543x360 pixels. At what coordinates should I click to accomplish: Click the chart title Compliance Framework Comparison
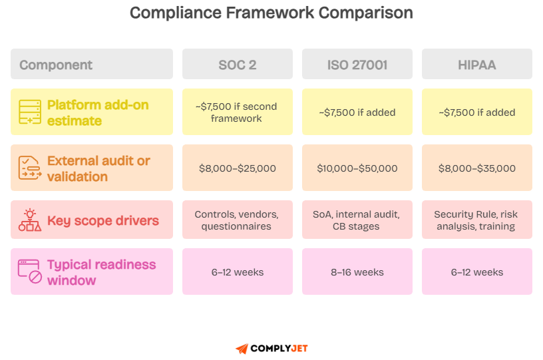[271, 13]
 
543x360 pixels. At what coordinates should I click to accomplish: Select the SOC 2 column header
[237, 65]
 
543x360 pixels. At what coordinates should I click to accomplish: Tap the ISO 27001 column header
[357, 65]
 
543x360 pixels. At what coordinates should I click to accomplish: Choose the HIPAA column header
[476, 65]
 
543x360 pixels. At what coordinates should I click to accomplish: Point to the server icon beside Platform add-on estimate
[30, 112]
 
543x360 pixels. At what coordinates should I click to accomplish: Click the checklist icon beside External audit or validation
[30, 168]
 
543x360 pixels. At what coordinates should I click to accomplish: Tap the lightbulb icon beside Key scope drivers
[30, 220]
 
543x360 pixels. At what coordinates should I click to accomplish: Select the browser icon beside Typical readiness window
[30, 271]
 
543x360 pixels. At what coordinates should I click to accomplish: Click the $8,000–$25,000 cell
[237, 168]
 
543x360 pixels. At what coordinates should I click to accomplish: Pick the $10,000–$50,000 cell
[357, 168]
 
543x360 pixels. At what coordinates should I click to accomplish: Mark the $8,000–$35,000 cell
[476, 168]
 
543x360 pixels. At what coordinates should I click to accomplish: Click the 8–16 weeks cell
[357, 271]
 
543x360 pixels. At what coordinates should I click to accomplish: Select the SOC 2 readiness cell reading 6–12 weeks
[237, 271]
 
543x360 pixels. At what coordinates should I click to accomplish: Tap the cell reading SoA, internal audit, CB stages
[357, 220]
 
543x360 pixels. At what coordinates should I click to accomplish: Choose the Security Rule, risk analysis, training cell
[476, 220]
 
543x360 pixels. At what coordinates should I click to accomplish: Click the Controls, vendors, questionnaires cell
[237, 220]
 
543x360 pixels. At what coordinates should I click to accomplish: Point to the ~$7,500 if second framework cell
[237, 112]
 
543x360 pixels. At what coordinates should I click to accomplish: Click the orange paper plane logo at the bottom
[242, 349]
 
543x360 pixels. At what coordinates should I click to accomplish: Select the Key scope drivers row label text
[102, 220]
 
